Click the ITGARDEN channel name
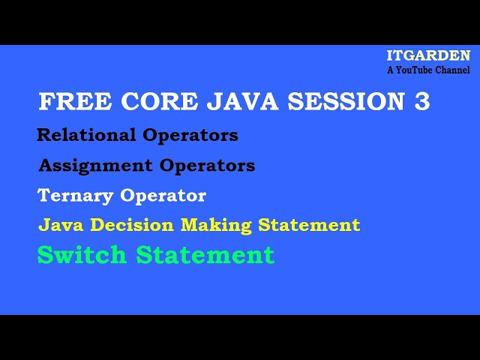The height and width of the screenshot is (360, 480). [428, 56]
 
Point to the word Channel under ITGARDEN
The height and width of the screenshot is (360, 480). [454, 70]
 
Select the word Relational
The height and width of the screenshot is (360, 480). [86, 136]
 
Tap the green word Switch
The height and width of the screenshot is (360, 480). [82, 255]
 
